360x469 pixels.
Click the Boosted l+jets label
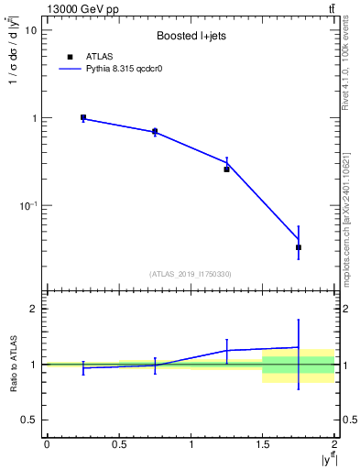pos(191,37)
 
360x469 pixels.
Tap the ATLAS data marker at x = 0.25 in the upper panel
pos(83,117)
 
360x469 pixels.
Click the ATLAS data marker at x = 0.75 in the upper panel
pos(155,132)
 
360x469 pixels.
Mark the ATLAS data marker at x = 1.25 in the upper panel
pos(227,169)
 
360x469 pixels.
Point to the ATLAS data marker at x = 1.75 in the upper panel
pos(299,247)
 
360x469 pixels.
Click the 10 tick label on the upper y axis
pos(31,30)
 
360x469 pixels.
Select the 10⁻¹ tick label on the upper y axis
pos(28,206)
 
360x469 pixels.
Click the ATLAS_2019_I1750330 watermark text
pos(191,274)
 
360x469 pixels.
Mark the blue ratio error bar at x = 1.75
pos(299,354)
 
